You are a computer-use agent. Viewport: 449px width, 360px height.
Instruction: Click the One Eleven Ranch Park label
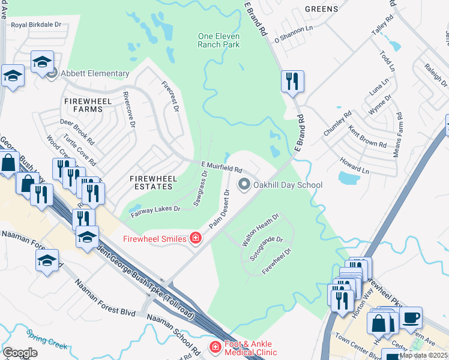pyautogui.click(x=218, y=40)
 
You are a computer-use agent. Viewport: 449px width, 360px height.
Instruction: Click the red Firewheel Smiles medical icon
pyautogui.click(x=194, y=239)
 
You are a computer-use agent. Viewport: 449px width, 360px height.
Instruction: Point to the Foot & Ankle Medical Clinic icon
pyautogui.click(x=215, y=347)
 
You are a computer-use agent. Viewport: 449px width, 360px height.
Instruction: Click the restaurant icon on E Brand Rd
pyautogui.click(x=292, y=81)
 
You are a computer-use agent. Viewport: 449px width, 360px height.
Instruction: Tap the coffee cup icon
pyautogui.click(x=411, y=317)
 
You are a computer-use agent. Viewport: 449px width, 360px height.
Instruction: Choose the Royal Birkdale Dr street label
pyautogui.click(x=37, y=25)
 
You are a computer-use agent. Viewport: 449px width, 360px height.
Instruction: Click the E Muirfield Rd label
pyautogui.click(x=221, y=167)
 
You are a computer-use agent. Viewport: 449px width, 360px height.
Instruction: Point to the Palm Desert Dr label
pyautogui.click(x=220, y=209)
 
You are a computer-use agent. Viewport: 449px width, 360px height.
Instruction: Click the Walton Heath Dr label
pyautogui.click(x=261, y=229)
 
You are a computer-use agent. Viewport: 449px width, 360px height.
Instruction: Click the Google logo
pyautogui.click(x=20, y=353)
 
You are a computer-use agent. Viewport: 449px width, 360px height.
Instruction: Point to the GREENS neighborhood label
pyautogui.click(x=321, y=9)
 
